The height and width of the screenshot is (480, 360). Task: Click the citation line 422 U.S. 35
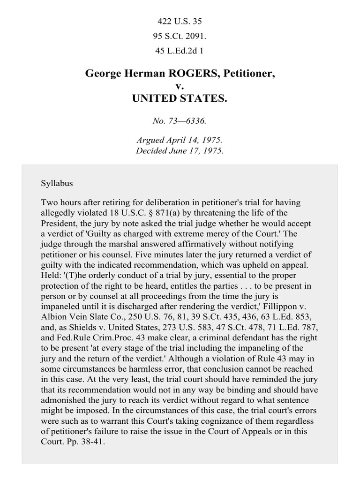pyautogui.click(x=180, y=22)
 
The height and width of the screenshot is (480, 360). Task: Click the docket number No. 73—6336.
pyautogui.click(x=180, y=121)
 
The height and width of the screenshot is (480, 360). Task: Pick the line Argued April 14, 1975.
pyautogui.click(x=180, y=140)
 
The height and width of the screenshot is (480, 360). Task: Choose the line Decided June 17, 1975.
pyautogui.click(x=180, y=150)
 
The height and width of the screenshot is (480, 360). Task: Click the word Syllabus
pyautogui.click(x=57, y=183)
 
